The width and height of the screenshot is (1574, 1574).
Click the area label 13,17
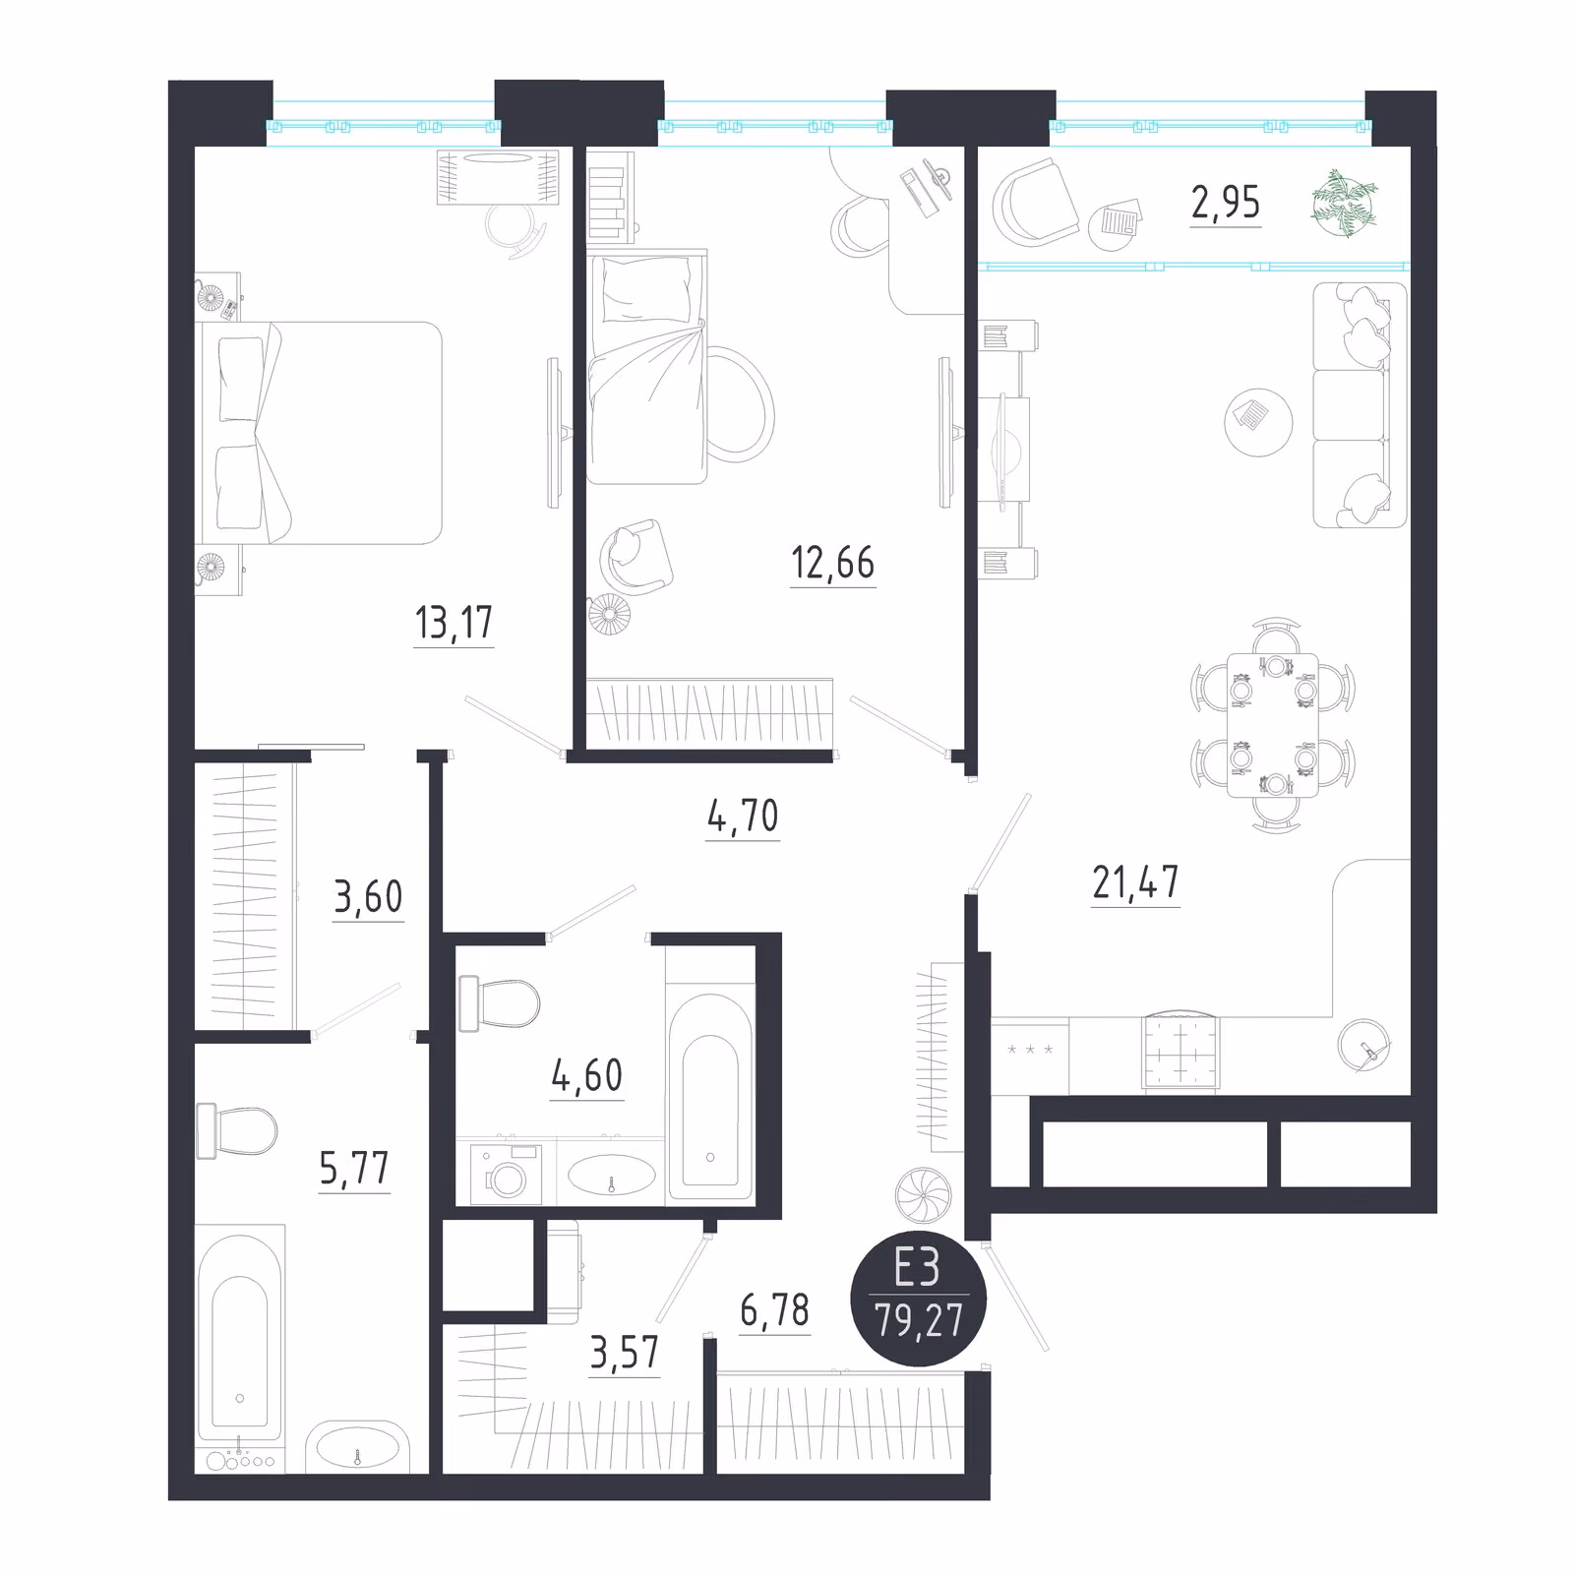454,622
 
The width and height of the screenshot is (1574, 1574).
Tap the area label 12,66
832,563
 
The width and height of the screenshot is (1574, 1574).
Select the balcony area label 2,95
1226,202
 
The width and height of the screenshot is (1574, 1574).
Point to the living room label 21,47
1135,882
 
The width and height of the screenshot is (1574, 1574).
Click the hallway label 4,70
743,816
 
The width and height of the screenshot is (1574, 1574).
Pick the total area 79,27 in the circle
919,1319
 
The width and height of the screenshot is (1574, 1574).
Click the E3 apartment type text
917,1268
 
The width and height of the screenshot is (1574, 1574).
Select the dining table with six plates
1273,725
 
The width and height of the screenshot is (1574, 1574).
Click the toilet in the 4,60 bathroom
499,1004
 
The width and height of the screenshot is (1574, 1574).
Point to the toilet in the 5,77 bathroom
236,1131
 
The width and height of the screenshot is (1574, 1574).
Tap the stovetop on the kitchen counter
1180,1053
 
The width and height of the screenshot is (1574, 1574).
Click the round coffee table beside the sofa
1258,421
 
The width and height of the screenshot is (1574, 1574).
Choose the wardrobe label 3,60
368,896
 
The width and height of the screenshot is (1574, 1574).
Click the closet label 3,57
625,1354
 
